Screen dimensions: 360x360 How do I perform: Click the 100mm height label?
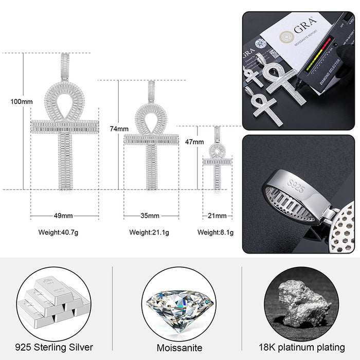click(21, 101)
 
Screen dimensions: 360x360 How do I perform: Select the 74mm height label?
click(119, 128)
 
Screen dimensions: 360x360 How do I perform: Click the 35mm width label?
click(150, 215)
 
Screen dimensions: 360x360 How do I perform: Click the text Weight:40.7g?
click(59, 232)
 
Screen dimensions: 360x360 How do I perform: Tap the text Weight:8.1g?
click(215, 232)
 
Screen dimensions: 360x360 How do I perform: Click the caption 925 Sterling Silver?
click(55, 347)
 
